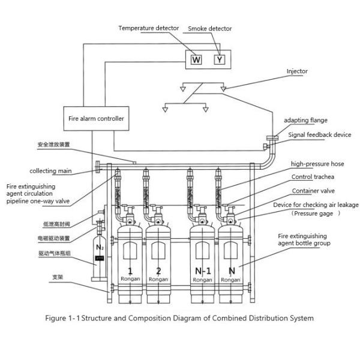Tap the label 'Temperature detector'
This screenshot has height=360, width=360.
pyautogui.click(x=148, y=28)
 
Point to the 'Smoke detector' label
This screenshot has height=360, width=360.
pyautogui.click(x=209, y=29)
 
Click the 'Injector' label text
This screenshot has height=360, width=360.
pyautogui.click(x=297, y=71)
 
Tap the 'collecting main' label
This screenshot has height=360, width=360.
pyautogui.click(x=51, y=171)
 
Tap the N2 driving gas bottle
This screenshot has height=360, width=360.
pyautogui.click(x=100, y=255)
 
